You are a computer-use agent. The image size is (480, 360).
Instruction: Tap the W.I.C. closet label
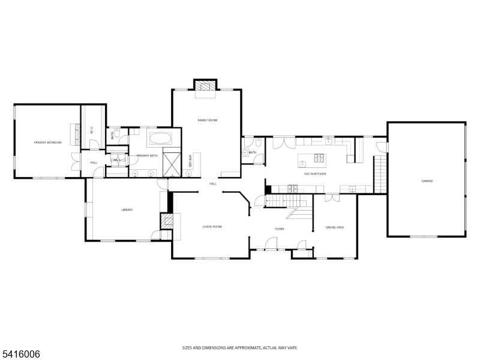92,130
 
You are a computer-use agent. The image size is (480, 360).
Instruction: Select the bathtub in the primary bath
160,139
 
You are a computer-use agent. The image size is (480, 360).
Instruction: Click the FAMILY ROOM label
207,121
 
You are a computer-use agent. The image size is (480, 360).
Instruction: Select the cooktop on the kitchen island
319,158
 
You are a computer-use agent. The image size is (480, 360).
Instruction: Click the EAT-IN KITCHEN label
314,173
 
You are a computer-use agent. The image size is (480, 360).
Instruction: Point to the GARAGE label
427,181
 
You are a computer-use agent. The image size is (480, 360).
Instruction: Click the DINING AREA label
334,227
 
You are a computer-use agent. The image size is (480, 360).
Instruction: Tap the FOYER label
280,229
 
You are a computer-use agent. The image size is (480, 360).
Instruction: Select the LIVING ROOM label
212,227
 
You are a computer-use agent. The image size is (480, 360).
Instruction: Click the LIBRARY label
127,209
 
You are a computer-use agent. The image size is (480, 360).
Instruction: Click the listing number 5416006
21,354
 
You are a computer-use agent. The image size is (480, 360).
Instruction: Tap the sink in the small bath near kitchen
245,152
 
